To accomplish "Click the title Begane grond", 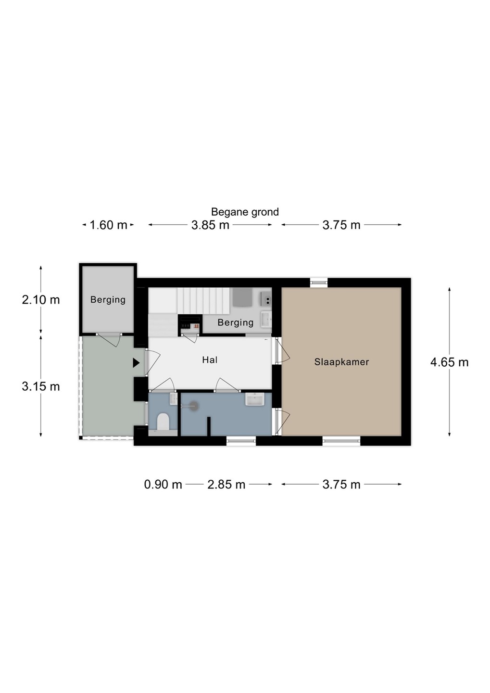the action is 245,212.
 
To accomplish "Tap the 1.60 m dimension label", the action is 108,225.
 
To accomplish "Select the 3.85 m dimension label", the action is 210,225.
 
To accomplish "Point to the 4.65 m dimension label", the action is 450,362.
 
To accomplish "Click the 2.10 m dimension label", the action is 41,300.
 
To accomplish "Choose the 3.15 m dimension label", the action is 41,386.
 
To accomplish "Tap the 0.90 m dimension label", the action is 163,484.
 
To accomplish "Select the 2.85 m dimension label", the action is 226,484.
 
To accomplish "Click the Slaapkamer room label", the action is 341,362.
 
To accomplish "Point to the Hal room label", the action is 210,360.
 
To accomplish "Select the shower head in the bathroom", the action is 194,406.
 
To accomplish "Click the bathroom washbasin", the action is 255,399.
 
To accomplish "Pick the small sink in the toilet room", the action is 174,399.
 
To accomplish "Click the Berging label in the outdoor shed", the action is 108,300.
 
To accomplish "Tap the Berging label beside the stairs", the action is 236,322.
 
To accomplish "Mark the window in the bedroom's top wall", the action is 319,282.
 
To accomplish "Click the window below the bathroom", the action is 241,441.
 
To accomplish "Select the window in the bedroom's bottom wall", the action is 341,441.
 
